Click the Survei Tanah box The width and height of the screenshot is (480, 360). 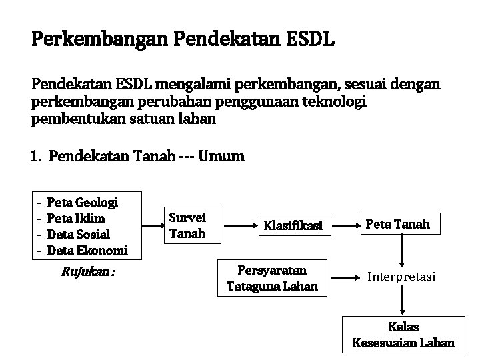[x=188, y=225]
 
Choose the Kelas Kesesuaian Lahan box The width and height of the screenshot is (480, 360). [x=403, y=335]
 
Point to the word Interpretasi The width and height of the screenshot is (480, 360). [x=402, y=275]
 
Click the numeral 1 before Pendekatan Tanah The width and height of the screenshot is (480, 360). [x=35, y=157]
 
